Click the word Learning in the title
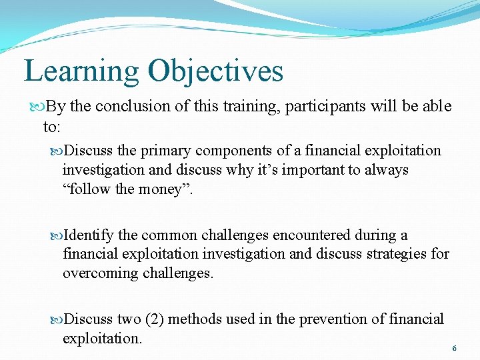(81, 71)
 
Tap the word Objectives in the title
(216, 71)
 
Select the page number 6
(454, 349)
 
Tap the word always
(385, 169)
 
